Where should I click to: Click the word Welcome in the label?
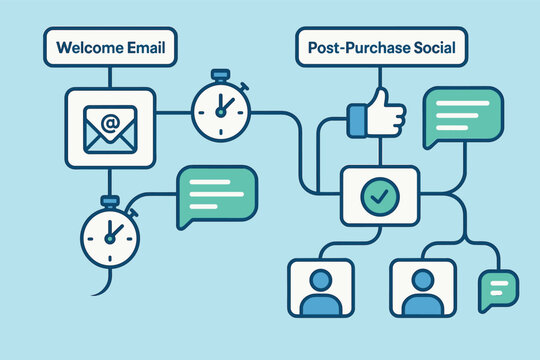pos(91,47)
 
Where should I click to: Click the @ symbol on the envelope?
pos(110,126)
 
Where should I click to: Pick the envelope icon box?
pos(110,127)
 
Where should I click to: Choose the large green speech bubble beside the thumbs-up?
pos(462,112)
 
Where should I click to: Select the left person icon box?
pos(320,287)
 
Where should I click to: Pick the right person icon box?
pos(422,287)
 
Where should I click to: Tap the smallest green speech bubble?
pos(498,290)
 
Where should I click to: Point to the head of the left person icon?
pos(320,277)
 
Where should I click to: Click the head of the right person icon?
pos(422,277)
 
